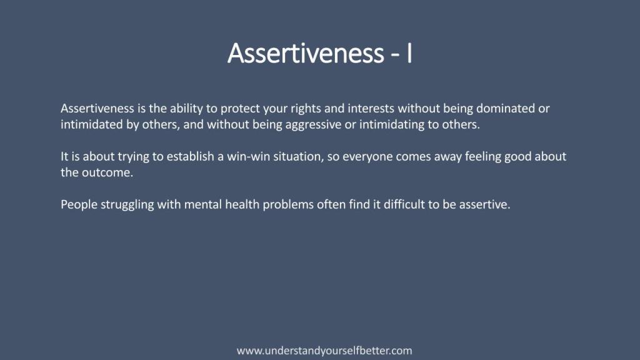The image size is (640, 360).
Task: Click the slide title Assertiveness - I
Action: tap(319, 53)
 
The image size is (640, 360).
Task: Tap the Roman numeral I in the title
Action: tap(409, 53)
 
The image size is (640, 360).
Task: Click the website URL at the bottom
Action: tap(324, 351)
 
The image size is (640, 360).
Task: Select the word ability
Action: tap(186, 109)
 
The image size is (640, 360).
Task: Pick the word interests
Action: tap(371, 109)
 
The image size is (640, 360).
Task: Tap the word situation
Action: tap(299, 157)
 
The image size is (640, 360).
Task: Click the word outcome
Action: tap(107, 172)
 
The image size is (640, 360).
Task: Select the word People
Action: tap(79, 204)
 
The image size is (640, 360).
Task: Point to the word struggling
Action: tap(127, 205)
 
